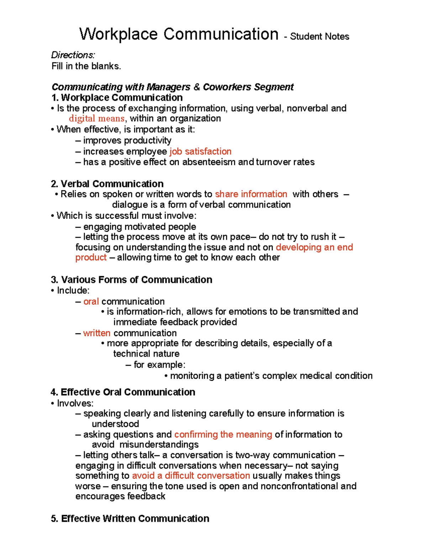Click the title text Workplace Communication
[179, 34]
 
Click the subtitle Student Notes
[319, 37]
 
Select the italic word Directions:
[73, 55]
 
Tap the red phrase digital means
[96, 118]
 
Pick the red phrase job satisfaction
[200, 151]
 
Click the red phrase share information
[251, 194]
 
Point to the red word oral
[91, 301]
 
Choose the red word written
[97, 333]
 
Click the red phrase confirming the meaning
[223, 434]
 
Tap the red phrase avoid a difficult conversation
[191, 476]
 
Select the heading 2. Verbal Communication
[107, 184]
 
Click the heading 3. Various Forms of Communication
[131, 280]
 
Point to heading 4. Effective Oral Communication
[123, 392]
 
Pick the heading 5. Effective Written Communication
[130, 519]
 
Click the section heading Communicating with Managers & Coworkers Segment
[172, 87]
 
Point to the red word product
[91, 257]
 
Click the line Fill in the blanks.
[86, 66]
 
